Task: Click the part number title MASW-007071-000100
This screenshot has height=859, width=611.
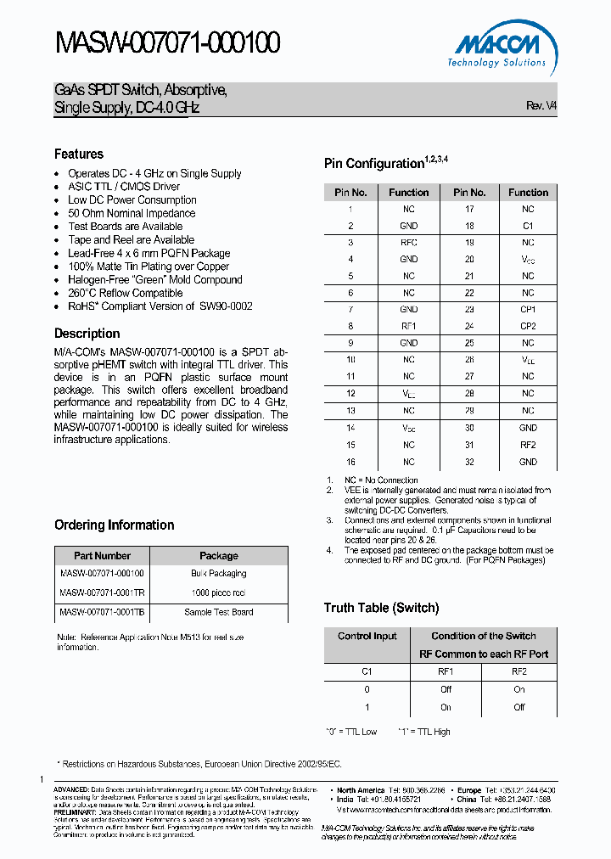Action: (x=168, y=42)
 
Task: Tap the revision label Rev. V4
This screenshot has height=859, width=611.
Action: (x=541, y=105)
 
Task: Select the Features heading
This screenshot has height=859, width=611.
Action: (x=79, y=154)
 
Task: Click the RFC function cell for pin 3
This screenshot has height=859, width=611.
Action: (x=409, y=243)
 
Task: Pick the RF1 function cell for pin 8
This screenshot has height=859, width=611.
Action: (x=409, y=326)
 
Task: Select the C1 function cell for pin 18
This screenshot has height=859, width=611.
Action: (x=528, y=226)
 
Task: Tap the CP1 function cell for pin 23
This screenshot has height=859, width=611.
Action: (x=528, y=310)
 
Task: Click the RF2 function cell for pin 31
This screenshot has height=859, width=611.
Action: (x=528, y=445)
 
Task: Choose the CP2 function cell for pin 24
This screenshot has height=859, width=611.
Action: (x=528, y=326)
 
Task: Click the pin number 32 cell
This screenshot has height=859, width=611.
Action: (x=469, y=462)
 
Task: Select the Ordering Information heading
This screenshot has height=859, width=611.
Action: (x=115, y=525)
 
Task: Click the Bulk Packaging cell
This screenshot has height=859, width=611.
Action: (x=219, y=574)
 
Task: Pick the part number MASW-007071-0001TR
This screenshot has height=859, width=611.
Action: (x=102, y=592)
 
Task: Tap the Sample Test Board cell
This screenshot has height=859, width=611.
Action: (x=219, y=612)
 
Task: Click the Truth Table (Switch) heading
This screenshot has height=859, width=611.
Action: (x=381, y=608)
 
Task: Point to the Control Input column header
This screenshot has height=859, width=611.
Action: (x=367, y=636)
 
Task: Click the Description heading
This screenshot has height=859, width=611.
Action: (x=87, y=334)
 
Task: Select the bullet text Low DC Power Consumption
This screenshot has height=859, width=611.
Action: (x=132, y=200)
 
